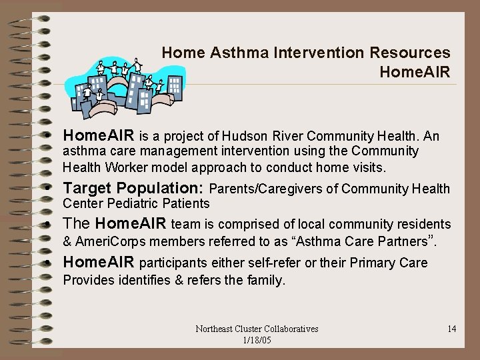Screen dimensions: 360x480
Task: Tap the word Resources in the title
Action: pyautogui.click(x=415, y=53)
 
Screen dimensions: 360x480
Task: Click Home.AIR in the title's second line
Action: pyautogui.click(x=414, y=71)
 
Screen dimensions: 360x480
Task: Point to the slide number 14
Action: pyautogui.click(x=451, y=329)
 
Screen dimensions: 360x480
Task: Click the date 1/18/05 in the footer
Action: pyautogui.click(x=257, y=340)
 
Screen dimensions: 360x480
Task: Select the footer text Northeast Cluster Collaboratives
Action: pyautogui.click(x=257, y=329)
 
